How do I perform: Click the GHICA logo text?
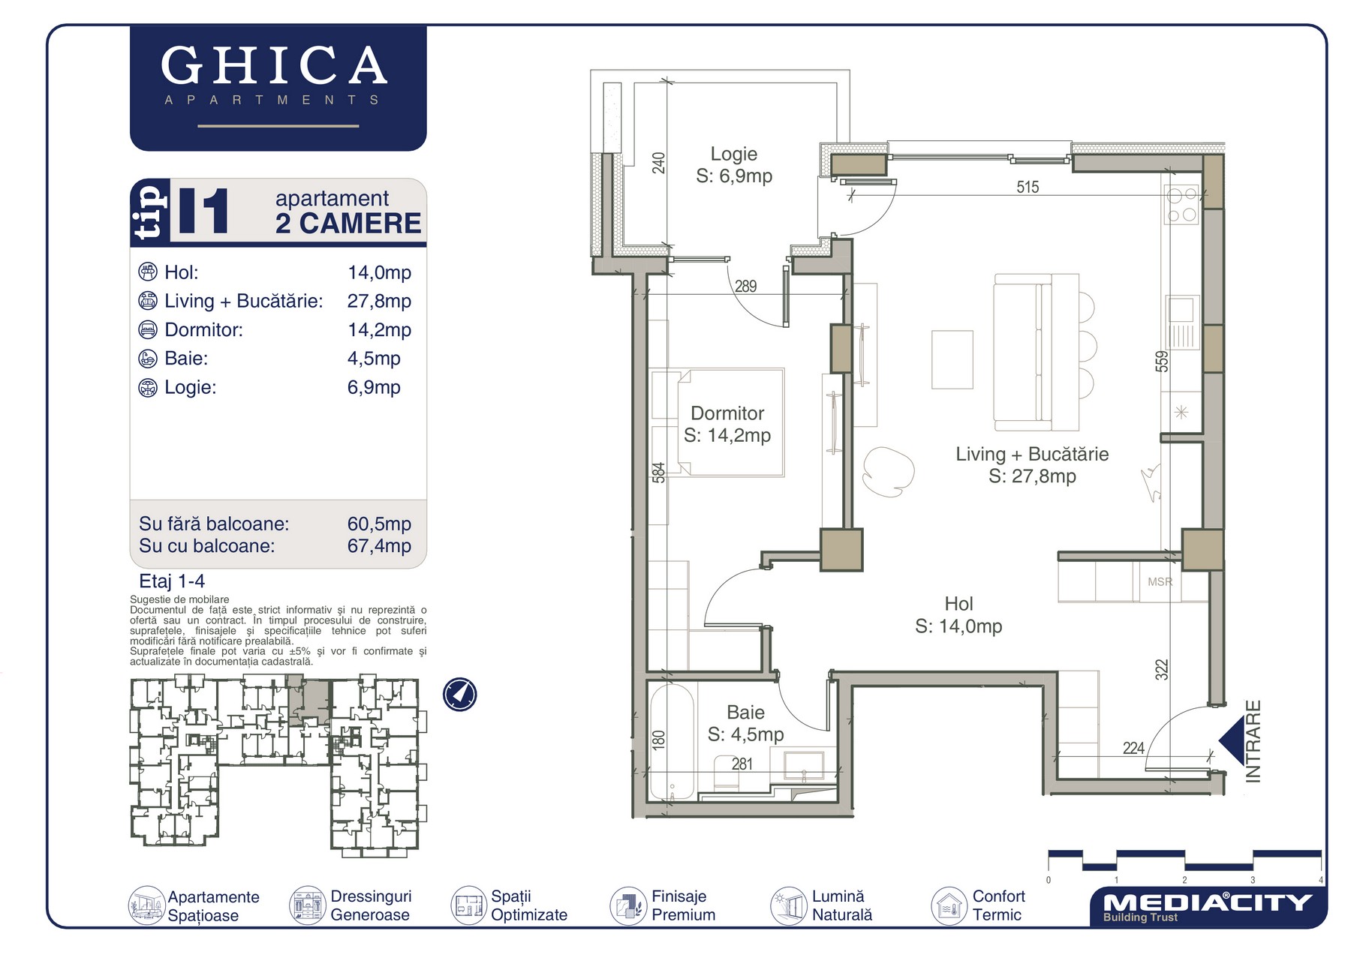(274, 65)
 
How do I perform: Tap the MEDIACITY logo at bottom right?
(1208, 906)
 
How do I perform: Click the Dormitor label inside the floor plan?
(727, 413)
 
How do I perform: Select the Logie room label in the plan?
(734, 154)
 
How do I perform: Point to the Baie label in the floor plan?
(745, 712)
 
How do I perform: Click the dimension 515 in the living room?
(1028, 187)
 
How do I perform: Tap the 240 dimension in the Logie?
(658, 163)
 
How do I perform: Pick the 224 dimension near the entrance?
(1133, 748)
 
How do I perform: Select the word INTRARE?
(1253, 741)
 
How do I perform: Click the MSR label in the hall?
(1160, 582)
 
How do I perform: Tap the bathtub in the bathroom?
(672, 741)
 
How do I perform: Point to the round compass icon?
(459, 694)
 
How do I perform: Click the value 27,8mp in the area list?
(379, 302)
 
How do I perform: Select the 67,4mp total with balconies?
(379, 546)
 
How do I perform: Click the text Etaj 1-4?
(172, 581)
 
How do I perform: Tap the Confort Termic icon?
(949, 905)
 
